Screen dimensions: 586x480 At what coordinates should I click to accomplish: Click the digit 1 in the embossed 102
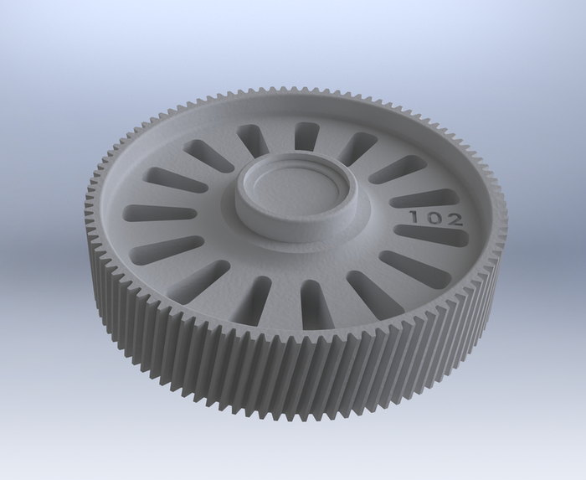click(414, 216)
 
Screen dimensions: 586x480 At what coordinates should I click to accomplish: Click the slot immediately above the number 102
click(425, 199)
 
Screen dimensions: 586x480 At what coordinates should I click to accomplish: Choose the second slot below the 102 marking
click(415, 268)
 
